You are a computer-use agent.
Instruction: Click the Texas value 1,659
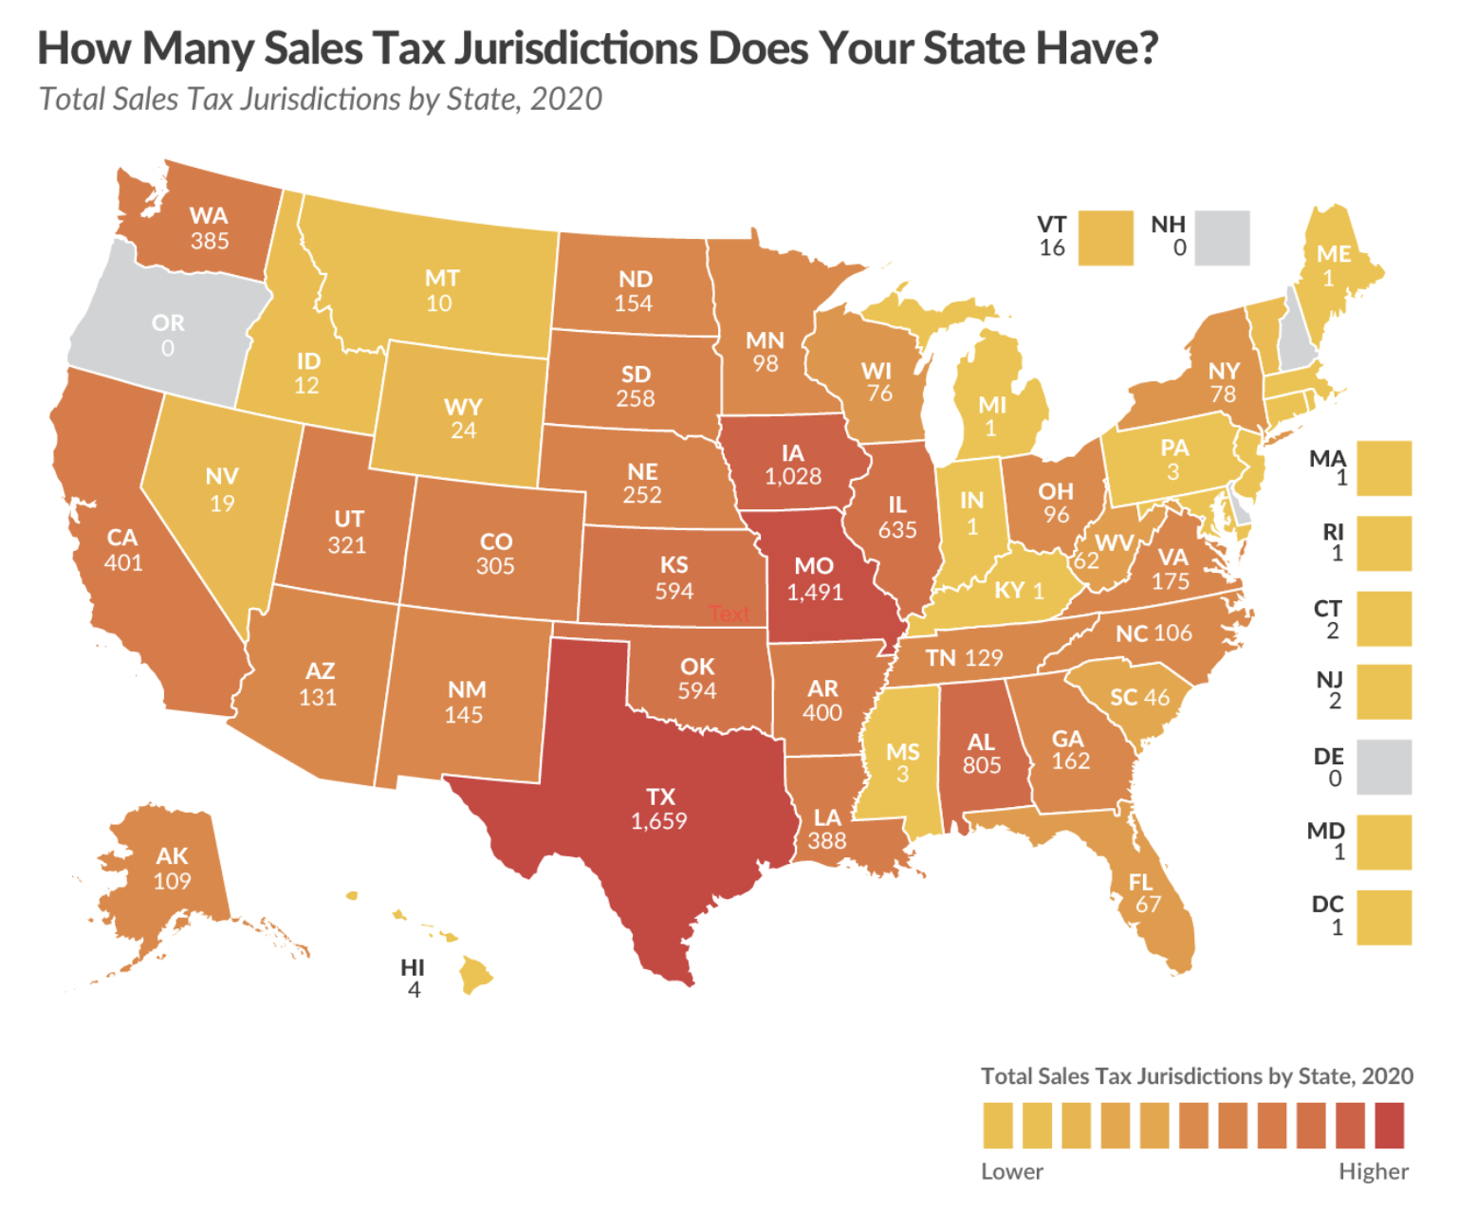[659, 821]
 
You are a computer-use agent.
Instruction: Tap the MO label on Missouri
[814, 566]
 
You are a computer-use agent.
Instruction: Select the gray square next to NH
[1222, 237]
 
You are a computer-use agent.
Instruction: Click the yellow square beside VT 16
[1105, 237]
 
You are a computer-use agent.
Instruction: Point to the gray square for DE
[1384, 767]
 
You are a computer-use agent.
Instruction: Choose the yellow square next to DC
[1384, 917]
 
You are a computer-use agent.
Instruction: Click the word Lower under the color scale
[1011, 1171]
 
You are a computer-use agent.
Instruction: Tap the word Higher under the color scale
[1373, 1171]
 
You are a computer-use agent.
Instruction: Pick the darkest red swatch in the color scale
[1389, 1125]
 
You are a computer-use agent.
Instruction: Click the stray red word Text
[729, 614]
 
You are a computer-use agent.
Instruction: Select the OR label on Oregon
[168, 323]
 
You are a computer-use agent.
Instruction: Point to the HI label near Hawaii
[413, 967]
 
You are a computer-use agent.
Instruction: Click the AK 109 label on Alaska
[173, 869]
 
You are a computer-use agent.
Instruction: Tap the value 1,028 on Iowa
[793, 476]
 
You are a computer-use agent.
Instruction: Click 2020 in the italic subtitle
[565, 100]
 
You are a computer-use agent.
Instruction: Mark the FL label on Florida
[1141, 883]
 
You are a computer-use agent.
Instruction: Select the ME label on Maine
[1334, 254]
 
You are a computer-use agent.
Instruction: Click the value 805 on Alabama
[982, 765]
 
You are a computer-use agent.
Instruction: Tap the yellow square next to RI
[1384, 543]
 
